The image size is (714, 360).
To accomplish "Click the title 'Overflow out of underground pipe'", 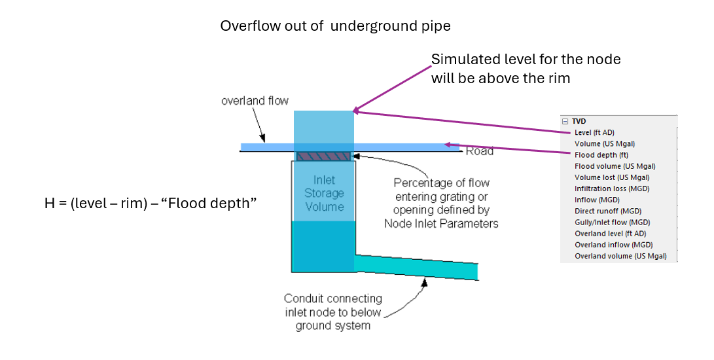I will point(335,26).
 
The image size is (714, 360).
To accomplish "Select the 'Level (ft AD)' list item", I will point(594,132).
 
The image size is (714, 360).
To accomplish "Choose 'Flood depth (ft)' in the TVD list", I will point(601,155).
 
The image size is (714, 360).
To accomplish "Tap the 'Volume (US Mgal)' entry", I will point(605,143).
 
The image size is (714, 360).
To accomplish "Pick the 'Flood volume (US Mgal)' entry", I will point(615,166).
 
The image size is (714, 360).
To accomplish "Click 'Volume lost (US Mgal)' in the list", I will point(612,177).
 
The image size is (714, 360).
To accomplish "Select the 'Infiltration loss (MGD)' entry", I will point(611,189).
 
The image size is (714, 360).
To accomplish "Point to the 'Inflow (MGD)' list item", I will point(597,200).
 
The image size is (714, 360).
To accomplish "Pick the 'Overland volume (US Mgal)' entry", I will point(620,256).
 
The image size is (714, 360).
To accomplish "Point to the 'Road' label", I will point(479,151).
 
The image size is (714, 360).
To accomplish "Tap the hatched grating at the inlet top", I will point(324,156).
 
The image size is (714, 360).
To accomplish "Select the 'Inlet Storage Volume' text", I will point(324,193).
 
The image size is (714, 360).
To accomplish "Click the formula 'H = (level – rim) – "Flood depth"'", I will point(150,204).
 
